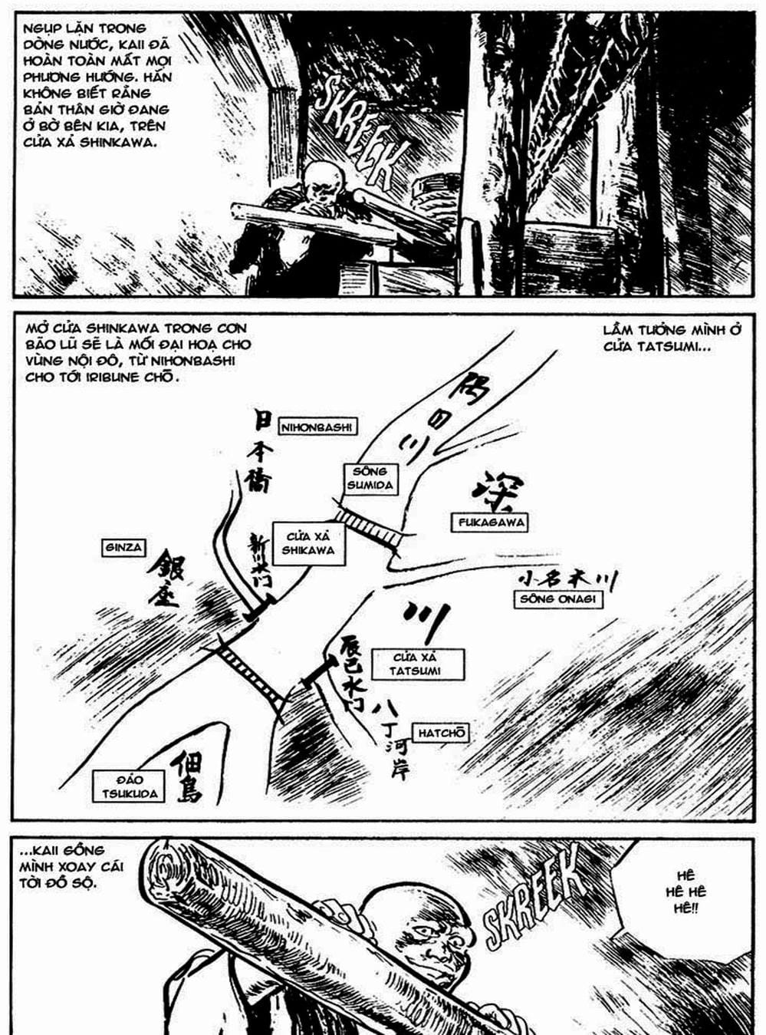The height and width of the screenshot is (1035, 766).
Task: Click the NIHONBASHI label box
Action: [x=316, y=427]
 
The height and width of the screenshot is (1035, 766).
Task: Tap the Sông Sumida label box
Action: [x=370, y=478]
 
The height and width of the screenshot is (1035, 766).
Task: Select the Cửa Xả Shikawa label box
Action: [x=307, y=543]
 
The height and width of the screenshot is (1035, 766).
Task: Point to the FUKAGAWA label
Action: [x=491, y=522]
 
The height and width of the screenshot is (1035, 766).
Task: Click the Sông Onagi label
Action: [x=557, y=599]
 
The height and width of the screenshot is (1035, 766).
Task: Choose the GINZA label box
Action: [x=123, y=548]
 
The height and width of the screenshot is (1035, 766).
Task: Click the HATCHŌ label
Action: [x=442, y=733]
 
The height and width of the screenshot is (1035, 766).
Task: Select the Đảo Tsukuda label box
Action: [x=130, y=786]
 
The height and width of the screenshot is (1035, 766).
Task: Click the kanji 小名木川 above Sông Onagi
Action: [x=568, y=579]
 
